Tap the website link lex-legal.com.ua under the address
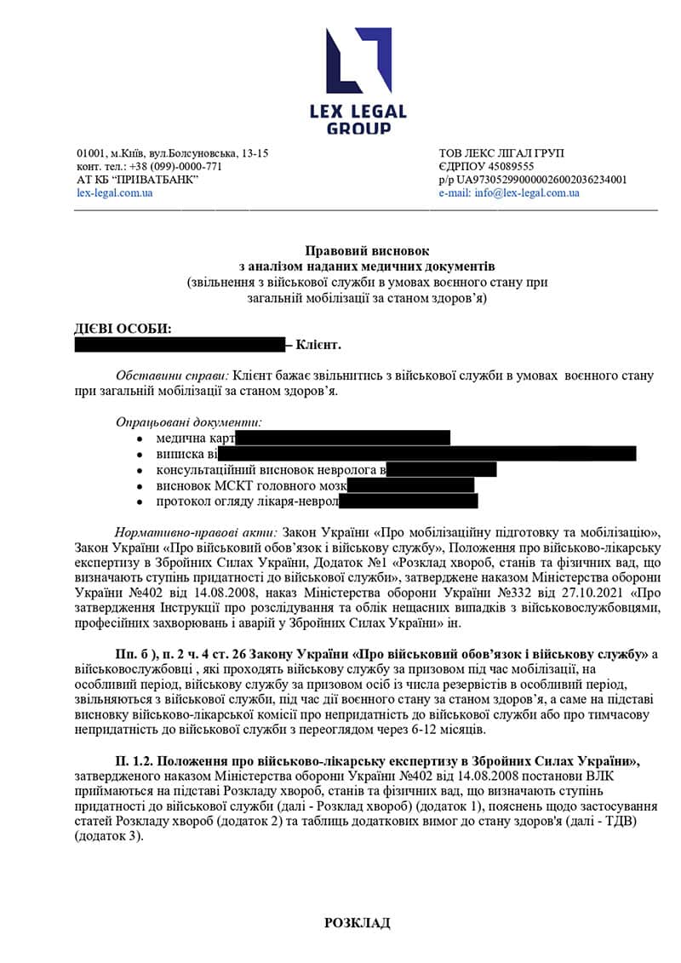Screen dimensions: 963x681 [114, 193]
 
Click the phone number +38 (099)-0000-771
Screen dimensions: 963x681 [174, 167]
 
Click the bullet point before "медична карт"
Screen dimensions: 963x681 [139, 439]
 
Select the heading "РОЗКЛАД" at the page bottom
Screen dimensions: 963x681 [357, 923]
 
